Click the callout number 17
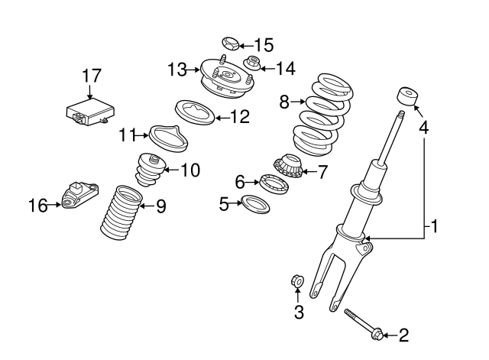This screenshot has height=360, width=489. (x=92, y=76)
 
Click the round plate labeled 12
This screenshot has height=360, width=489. (x=196, y=112)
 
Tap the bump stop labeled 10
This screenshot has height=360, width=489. (x=151, y=170)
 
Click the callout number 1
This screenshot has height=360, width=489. (x=433, y=227)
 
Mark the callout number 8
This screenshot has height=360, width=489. (x=284, y=100)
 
